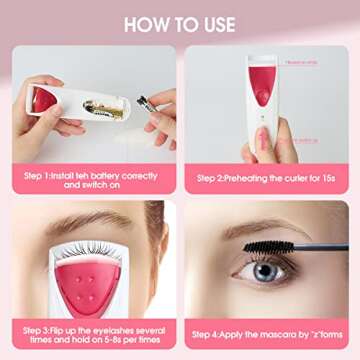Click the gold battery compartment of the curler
point(103,108)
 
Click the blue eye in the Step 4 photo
point(265,270)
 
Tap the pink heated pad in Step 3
point(89,285)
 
